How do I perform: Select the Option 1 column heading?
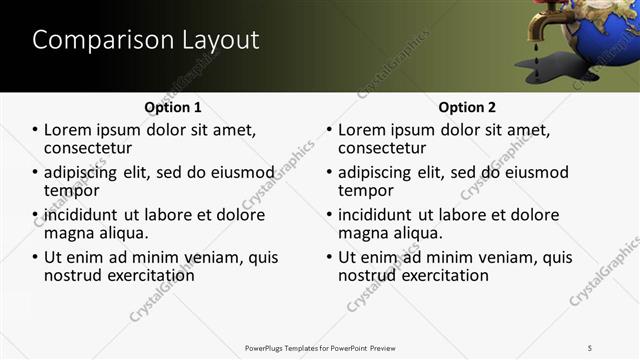pyautogui.click(x=172, y=107)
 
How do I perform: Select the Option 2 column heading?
pyautogui.click(x=466, y=107)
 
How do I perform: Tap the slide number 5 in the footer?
pyautogui.click(x=589, y=347)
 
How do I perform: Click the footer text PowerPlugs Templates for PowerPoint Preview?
pyautogui.click(x=320, y=347)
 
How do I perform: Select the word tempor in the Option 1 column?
pyautogui.click(x=72, y=190)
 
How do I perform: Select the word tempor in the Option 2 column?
pyautogui.click(x=366, y=190)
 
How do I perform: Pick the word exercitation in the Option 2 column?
pyautogui.click(x=446, y=275)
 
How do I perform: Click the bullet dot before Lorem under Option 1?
pyautogui.click(x=36, y=131)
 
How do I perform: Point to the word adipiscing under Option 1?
pyautogui.click(x=83, y=172)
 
